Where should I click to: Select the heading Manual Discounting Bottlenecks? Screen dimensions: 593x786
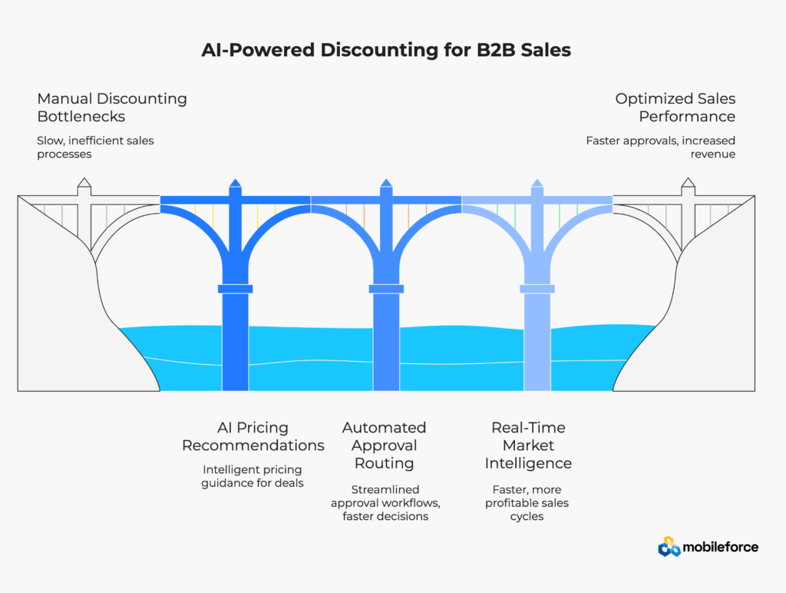[x=112, y=108]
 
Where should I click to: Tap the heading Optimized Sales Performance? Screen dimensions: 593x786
[x=675, y=108]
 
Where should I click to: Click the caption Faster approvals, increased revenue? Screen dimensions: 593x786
[x=660, y=147]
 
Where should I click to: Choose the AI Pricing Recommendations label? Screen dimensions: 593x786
[x=253, y=436]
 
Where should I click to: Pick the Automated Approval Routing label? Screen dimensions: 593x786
[x=384, y=446]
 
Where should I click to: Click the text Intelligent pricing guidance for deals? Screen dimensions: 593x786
[x=253, y=476]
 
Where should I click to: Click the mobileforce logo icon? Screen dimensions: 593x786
[x=669, y=547]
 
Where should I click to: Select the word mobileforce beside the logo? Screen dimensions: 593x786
[x=722, y=547]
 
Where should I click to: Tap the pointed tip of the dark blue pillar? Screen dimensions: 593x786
[x=236, y=183]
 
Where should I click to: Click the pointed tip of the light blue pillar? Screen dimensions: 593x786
[x=537, y=183]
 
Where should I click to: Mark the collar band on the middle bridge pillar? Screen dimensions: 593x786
[x=386, y=289]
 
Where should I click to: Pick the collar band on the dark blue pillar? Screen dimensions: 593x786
[x=236, y=289]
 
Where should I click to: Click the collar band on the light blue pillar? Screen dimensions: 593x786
[x=537, y=289]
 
